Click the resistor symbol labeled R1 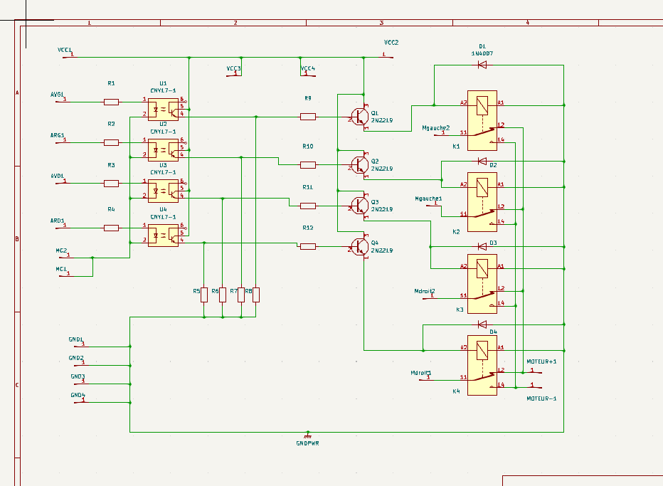point(111,102)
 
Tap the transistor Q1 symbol point(360,116)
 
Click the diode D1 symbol point(482,65)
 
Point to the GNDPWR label point(307,443)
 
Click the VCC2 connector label point(391,43)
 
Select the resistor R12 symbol point(307,246)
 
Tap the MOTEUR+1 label point(541,361)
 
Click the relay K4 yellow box point(483,364)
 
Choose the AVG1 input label point(57,94)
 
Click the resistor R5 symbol point(204,295)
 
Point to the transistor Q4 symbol point(360,246)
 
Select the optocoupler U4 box point(163,235)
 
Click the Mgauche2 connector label point(435,127)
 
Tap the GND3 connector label point(78,376)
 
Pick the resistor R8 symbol point(257,295)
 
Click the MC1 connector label point(61,269)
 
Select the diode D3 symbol point(482,243)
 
